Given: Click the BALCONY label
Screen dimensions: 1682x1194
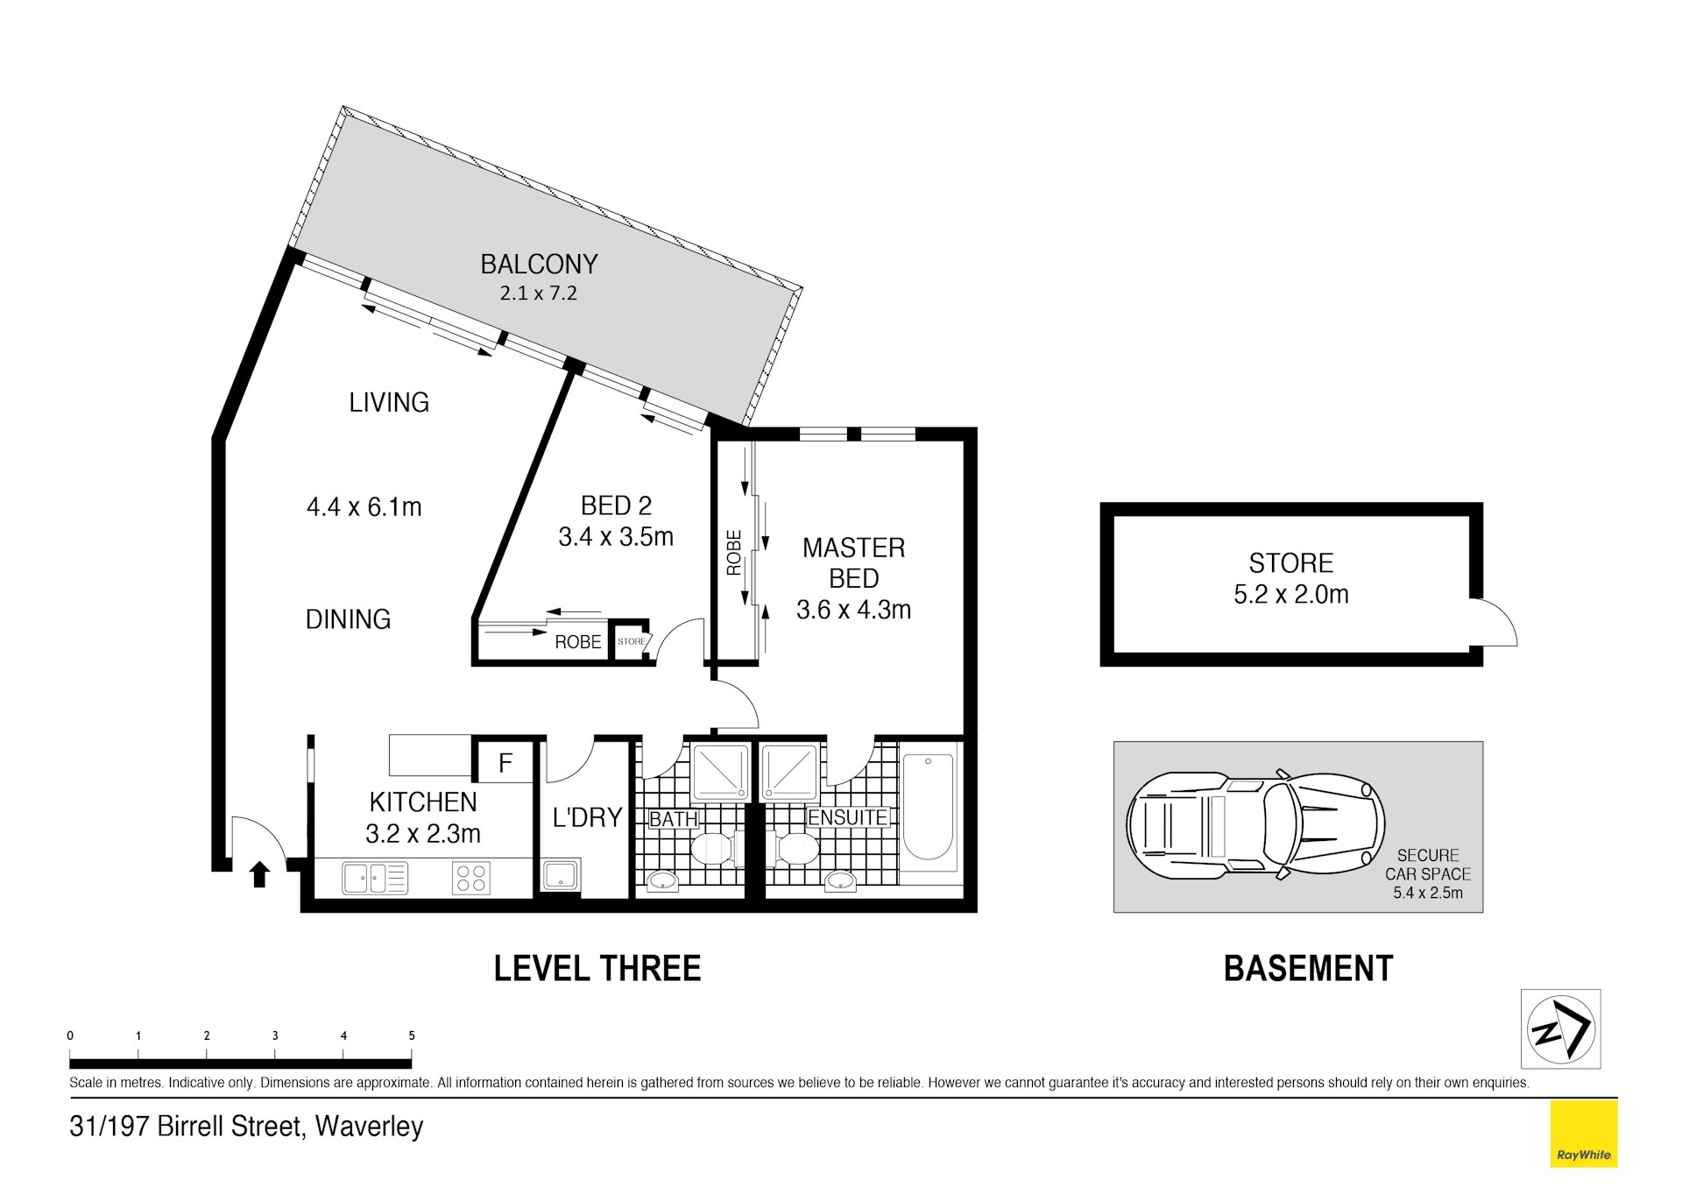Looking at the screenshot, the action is pyautogui.click(x=539, y=264).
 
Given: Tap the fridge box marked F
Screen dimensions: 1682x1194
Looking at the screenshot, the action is pyautogui.click(x=505, y=762).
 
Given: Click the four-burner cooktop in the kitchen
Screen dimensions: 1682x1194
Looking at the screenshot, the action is pyautogui.click(x=471, y=878).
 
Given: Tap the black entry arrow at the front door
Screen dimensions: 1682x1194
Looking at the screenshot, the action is pyautogui.click(x=259, y=874).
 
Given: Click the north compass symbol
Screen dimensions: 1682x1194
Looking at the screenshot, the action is pyautogui.click(x=1560, y=1028).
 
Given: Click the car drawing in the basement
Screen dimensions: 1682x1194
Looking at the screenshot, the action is pyautogui.click(x=1254, y=825).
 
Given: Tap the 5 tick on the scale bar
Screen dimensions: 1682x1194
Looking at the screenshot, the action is pyautogui.click(x=412, y=1035).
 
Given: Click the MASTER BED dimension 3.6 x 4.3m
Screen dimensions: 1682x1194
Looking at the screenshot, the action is pyautogui.click(x=853, y=610).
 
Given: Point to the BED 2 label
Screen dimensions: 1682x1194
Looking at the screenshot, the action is pyautogui.click(x=616, y=505).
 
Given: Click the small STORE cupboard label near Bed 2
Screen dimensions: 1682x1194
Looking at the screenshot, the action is pyautogui.click(x=631, y=641).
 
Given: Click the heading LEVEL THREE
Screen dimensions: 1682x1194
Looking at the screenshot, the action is pyautogui.click(x=597, y=968).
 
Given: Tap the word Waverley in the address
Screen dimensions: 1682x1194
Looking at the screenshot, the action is pyautogui.click(x=369, y=1126).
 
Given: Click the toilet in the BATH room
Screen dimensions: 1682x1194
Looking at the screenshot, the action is pyautogui.click(x=713, y=849).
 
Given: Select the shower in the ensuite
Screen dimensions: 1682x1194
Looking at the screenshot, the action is pyautogui.click(x=789, y=772).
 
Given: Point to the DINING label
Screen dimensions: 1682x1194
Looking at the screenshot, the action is pyautogui.click(x=348, y=619).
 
